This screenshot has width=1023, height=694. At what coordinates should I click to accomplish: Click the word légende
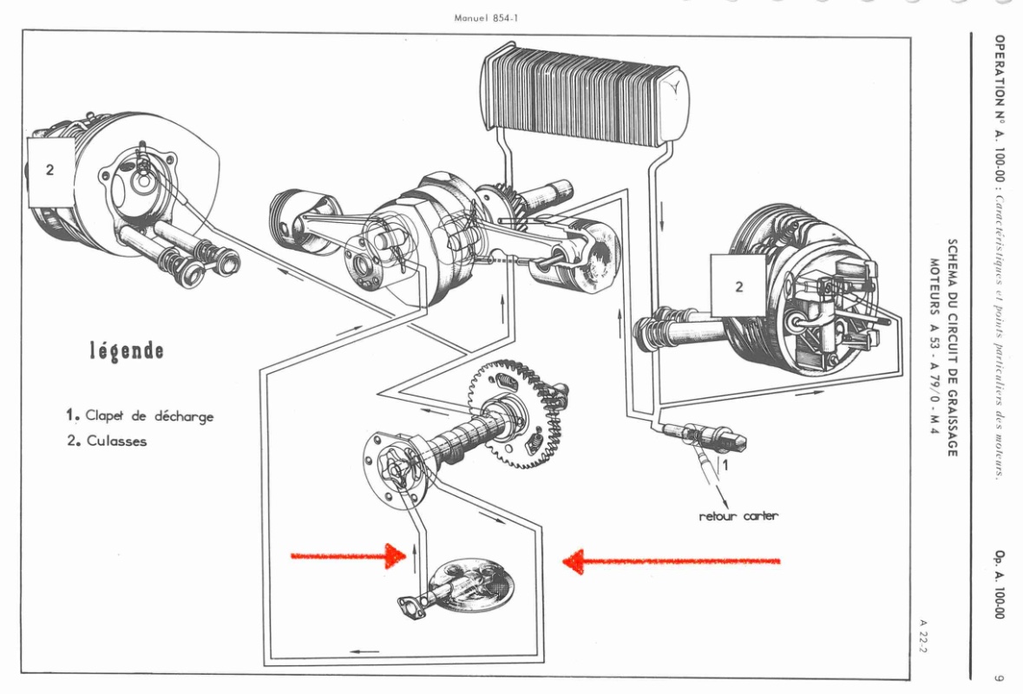(x=127, y=351)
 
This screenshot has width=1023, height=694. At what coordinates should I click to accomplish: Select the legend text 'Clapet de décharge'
(x=148, y=416)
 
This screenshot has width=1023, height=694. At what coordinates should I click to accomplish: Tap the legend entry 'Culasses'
(x=116, y=441)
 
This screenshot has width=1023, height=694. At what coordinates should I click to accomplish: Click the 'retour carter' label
(x=738, y=516)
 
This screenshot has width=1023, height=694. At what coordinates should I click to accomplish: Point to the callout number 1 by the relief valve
(x=726, y=465)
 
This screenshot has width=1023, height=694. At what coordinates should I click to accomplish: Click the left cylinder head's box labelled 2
(x=49, y=171)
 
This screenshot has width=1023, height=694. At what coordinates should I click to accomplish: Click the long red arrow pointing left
(x=672, y=561)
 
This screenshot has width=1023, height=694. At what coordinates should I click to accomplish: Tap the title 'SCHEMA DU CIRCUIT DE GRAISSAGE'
(x=952, y=348)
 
